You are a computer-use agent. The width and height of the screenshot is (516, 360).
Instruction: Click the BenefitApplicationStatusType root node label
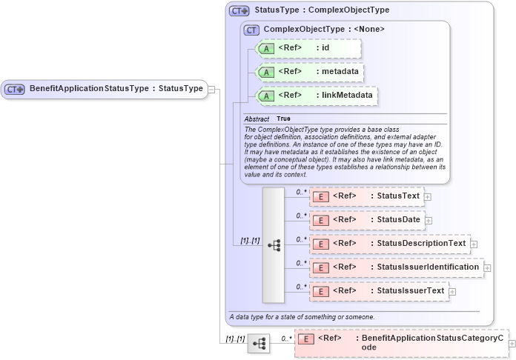pos(116,89)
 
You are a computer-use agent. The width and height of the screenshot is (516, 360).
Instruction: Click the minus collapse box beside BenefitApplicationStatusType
pos(211,89)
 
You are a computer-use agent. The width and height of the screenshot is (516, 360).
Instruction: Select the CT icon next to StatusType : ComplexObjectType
pos(239,11)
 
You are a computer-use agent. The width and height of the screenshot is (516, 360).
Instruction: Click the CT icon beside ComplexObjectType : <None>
pos(252,30)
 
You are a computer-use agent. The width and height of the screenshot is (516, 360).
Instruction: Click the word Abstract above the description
pos(257,119)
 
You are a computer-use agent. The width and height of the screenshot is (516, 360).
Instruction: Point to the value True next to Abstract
pos(283,119)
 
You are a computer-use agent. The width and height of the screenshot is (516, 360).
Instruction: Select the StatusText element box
pos(366,196)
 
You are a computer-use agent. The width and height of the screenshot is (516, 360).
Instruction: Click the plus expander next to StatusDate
pos(428,221)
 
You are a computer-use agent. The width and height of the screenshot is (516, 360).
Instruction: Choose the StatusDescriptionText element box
pos(389,244)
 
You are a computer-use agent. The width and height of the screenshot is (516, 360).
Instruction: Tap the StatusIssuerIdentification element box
pos(396,267)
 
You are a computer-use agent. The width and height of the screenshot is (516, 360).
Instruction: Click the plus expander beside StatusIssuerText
pos(452,292)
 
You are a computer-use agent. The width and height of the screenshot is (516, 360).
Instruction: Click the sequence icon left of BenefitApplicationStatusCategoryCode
pos(259,344)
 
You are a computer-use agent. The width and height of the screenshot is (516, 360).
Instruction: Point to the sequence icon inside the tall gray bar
pos(274,244)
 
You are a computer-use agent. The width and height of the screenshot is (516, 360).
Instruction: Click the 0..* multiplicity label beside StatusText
pos(301,192)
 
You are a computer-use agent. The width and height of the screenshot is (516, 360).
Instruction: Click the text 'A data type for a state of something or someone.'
pos(302,317)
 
